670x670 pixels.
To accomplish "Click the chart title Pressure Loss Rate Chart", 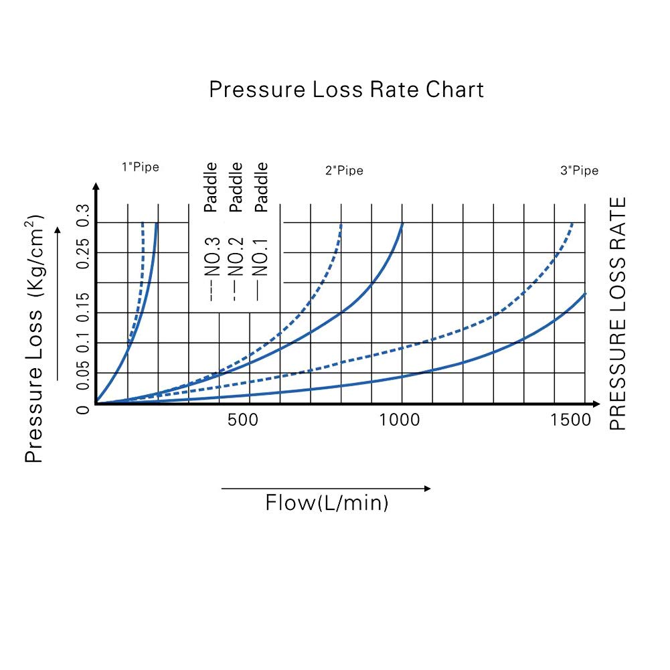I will pyautogui.click(x=346, y=89).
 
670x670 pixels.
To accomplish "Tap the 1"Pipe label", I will pyautogui.click(x=140, y=167).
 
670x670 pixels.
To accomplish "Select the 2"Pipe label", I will pyautogui.click(x=344, y=171).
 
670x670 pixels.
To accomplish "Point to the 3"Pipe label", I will pyautogui.click(x=579, y=171).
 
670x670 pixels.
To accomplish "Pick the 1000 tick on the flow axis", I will pyautogui.click(x=400, y=420).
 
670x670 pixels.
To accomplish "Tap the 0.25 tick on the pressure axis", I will pyautogui.click(x=83, y=252).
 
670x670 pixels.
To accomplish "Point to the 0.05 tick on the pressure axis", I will pyautogui.click(x=83, y=377).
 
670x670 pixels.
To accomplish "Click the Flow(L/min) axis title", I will pyautogui.click(x=327, y=503).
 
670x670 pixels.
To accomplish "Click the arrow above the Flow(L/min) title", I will pyautogui.click(x=326, y=489).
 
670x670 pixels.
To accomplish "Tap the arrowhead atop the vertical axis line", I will pyautogui.click(x=96, y=185).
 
